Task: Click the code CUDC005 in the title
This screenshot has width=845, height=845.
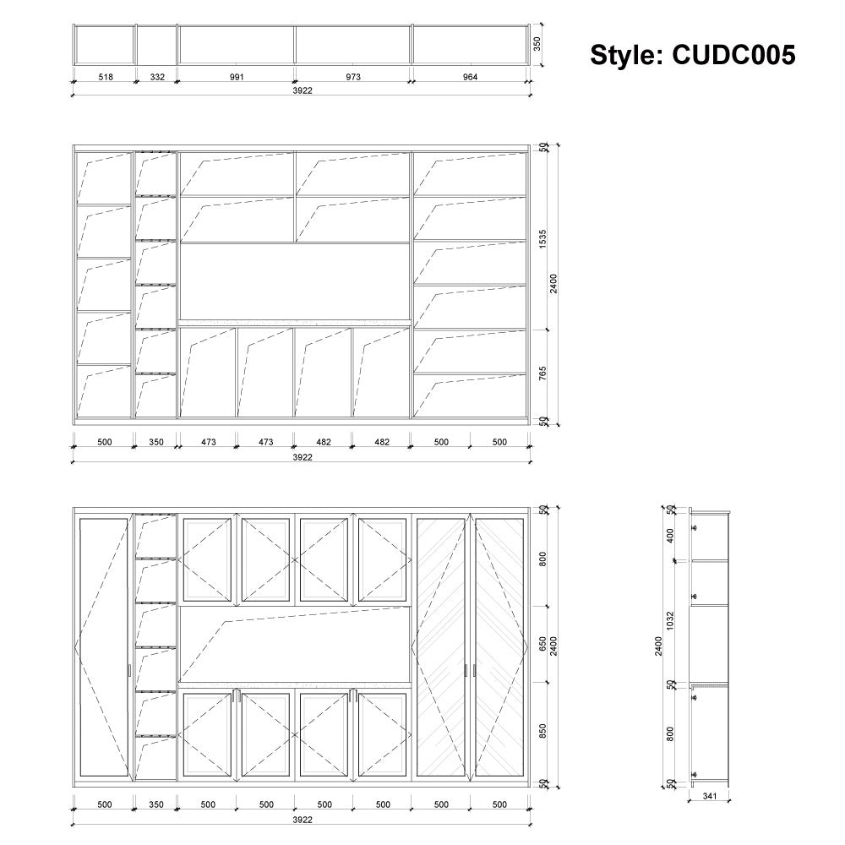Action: point(733,55)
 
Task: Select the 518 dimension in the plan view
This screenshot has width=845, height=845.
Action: point(106,77)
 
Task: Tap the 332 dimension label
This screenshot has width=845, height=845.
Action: point(157,77)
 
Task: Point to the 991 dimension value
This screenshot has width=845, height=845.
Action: point(237,77)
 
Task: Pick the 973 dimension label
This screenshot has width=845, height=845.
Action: point(353,77)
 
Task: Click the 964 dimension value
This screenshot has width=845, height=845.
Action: point(470,77)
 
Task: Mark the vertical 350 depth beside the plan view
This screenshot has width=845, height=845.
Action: point(537,44)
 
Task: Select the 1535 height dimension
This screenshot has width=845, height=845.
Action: point(542,239)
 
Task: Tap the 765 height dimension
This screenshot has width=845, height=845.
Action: point(542,373)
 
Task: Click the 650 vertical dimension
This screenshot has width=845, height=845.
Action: point(542,644)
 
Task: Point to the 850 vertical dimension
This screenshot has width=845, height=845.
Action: point(542,731)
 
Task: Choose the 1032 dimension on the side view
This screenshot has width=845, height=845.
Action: point(670,621)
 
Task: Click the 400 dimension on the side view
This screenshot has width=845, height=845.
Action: point(670,536)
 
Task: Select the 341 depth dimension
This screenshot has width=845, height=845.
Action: point(710,796)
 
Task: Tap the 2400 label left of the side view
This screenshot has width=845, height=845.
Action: point(658,646)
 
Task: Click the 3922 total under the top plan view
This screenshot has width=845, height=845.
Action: point(303,90)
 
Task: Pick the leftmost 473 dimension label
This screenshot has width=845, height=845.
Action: point(209,442)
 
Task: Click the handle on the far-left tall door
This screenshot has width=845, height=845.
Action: point(130,671)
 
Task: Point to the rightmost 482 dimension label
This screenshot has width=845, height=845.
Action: point(382,442)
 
